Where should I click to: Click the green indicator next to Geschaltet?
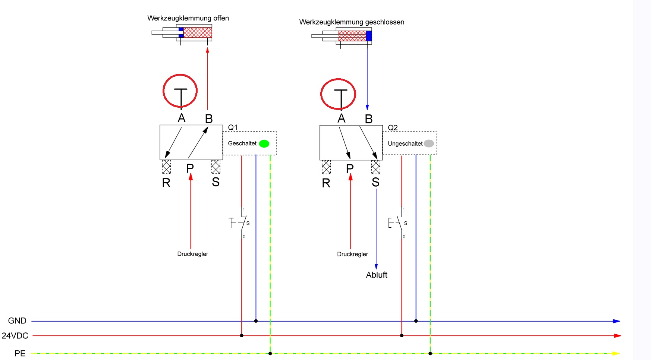(x=264, y=143)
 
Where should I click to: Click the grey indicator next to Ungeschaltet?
(x=429, y=143)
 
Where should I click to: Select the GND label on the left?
(x=17, y=321)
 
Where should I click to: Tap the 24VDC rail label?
(x=15, y=336)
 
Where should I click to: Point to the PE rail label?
(x=20, y=353)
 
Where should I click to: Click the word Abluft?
(x=377, y=275)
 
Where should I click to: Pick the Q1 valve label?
(x=233, y=127)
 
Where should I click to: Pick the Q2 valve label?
(x=393, y=127)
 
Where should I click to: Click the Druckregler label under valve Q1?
(x=192, y=254)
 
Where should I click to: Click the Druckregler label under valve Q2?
(x=352, y=254)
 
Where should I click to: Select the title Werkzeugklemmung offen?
(x=188, y=18)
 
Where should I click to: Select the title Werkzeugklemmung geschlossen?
(x=352, y=22)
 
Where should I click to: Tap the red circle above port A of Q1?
(x=180, y=91)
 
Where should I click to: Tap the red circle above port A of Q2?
(x=338, y=94)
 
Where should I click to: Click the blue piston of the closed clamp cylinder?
(x=369, y=36)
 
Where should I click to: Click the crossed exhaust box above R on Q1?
(x=166, y=167)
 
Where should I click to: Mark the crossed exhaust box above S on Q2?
(x=375, y=167)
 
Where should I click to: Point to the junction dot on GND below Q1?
(x=256, y=321)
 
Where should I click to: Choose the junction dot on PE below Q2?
(x=430, y=353)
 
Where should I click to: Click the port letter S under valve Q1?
(x=216, y=182)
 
